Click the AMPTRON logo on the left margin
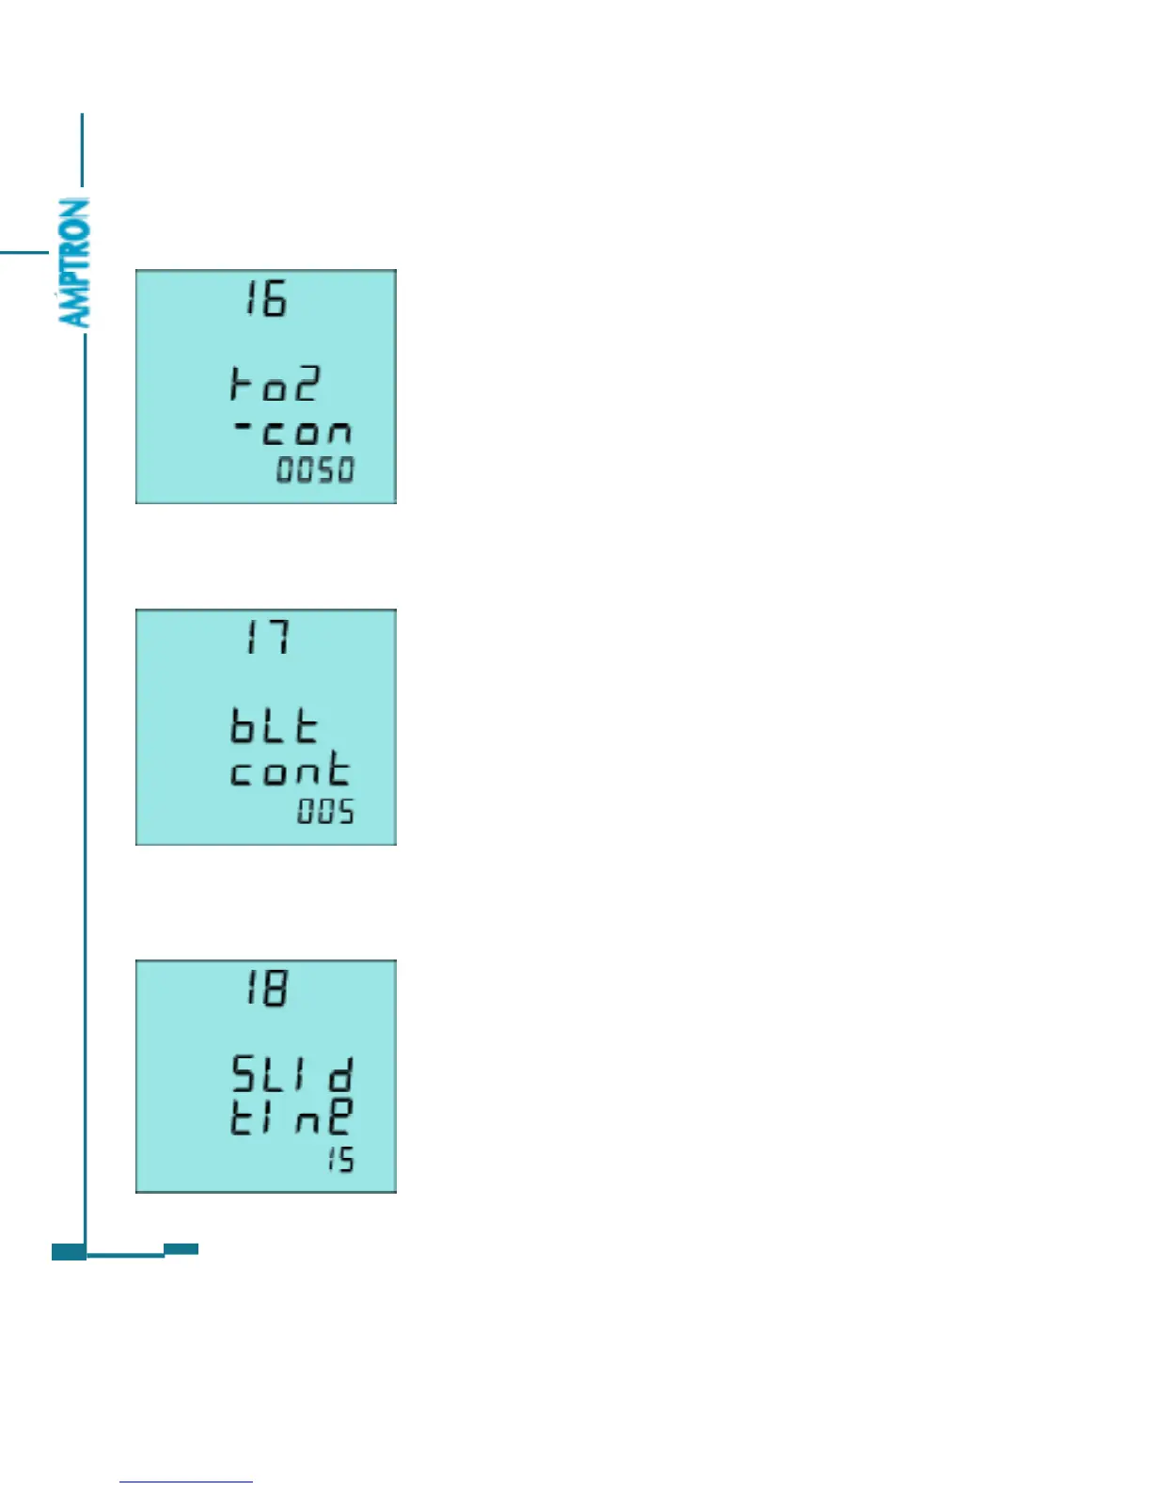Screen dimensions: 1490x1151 [74, 262]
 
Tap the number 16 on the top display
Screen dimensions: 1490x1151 [265, 299]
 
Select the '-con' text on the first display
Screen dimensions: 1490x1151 [292, 432]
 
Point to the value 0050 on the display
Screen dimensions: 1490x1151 [315, 469]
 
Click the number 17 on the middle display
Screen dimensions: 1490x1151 [266, 638]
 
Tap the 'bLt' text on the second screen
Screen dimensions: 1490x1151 [275, 726]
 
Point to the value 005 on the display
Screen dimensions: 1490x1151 [326, 811]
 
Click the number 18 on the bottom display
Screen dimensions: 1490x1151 [266, 989]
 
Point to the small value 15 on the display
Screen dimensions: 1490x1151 [340, 1160]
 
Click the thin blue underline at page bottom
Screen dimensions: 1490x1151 [186, 1482]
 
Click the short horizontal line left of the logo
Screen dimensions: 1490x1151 [24, 252]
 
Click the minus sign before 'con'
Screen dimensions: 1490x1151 [243, 428]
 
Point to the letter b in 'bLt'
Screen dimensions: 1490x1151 [244, 726]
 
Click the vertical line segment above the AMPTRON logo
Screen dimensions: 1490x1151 [83, 151]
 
